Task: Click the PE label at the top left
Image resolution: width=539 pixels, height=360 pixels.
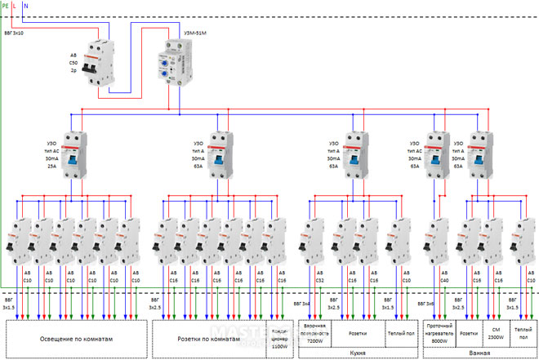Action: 6,5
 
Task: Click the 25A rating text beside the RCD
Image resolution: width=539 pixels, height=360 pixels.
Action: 53,166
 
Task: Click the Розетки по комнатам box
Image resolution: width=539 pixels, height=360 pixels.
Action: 211,337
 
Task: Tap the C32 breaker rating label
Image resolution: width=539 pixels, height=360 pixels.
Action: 319,279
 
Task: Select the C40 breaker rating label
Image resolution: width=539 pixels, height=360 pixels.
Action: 444,279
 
